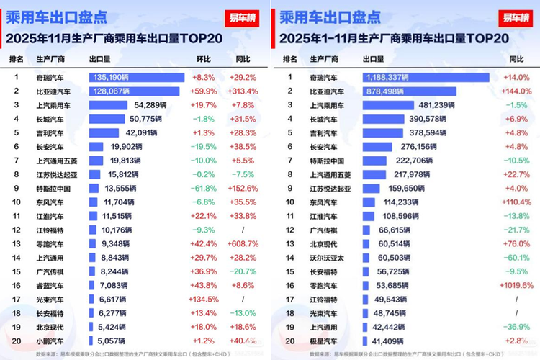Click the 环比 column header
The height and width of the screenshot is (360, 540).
(x=204, y=58)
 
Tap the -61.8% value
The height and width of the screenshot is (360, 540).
(x=204, y=189)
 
